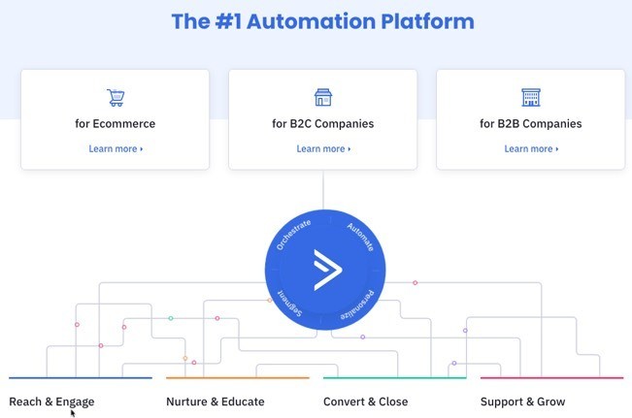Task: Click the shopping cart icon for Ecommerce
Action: (116, 97)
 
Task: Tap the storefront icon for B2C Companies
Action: (323, 97)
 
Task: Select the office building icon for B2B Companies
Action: (530, 97)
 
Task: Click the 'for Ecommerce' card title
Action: (116, 124)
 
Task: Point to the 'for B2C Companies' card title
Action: (323, 124)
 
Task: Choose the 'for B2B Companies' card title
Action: (531, 124)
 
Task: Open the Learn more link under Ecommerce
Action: (116, 149)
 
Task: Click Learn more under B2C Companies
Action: (323, 149)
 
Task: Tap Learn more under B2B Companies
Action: (531, 149)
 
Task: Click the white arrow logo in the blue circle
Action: (325, 270)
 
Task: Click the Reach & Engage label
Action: (51, 402)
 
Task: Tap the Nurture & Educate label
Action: (215, 402)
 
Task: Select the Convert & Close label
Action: (365, 402)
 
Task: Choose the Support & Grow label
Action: (522, 402)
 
